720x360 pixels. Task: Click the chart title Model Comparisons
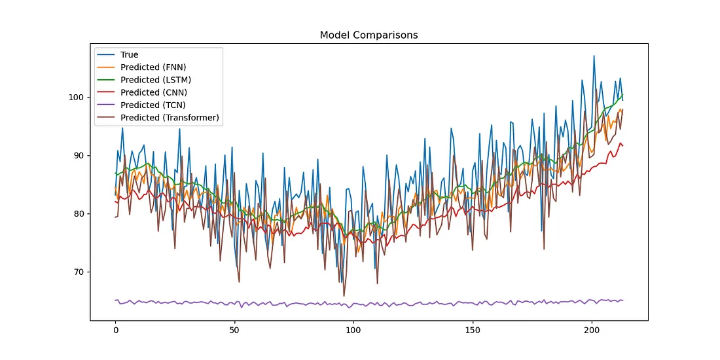(x=369, y=35)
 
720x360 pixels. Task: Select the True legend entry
(x=129, y=55)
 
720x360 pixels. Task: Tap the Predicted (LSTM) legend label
(x=156, y=80)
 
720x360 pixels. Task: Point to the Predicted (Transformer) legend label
(x=170, y=118)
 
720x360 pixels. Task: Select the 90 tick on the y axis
(x=79, y=156)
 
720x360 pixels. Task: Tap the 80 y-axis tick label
(x=79, y=214)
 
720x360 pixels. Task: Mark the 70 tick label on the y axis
(x=79, y=272)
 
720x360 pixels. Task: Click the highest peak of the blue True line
(x=594, y=56)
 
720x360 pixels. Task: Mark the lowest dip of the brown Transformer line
(x=344, y=296)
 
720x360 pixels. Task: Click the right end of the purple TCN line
(x=622, y=300)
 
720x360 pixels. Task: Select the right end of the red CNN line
(x=622, y=145)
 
